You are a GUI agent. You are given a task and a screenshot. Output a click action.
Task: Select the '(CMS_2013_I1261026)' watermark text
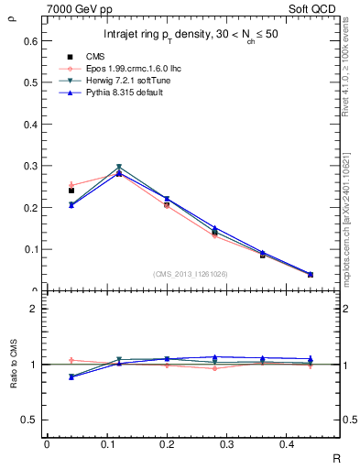(x=190, y=274)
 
